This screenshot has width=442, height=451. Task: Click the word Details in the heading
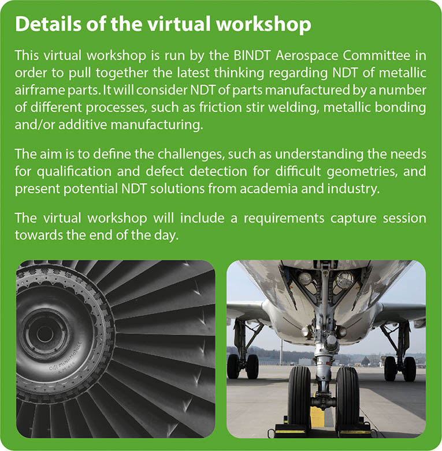tap(49, 24)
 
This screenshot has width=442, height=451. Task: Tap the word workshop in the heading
tap(263, 24)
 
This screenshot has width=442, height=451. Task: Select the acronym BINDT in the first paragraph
tap(252, 55)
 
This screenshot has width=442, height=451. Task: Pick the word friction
tap(221, 107)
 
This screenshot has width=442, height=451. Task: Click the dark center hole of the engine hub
tap(44, 335)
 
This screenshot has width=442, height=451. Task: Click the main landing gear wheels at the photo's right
tap(400, 368)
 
